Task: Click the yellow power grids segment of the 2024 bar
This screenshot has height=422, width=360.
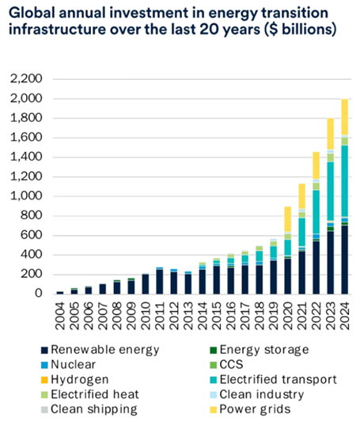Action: click(344, 117)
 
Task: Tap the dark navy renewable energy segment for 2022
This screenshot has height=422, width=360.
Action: click(316, 268)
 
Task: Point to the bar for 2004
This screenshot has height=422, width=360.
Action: click(60, 292)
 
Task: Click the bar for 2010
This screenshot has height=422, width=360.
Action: click(145, 284)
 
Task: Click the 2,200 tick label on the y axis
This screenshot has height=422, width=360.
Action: click(26, 78)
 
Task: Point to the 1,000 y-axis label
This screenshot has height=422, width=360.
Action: click(26, 196)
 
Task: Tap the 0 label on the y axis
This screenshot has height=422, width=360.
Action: click(39, 293)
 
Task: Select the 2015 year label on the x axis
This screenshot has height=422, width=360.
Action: click(217, 316)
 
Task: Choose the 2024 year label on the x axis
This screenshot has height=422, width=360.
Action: click(344, 316)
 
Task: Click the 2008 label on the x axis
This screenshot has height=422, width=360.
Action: click(117, 316)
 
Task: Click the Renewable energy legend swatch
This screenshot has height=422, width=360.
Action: click(44, 351)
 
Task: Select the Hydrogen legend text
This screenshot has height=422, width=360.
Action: click(80, 380)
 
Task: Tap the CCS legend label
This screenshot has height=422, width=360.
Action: click(232, 365)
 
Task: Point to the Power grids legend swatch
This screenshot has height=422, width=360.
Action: click(213, 409)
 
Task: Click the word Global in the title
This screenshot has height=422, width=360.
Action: click(31, 13)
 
